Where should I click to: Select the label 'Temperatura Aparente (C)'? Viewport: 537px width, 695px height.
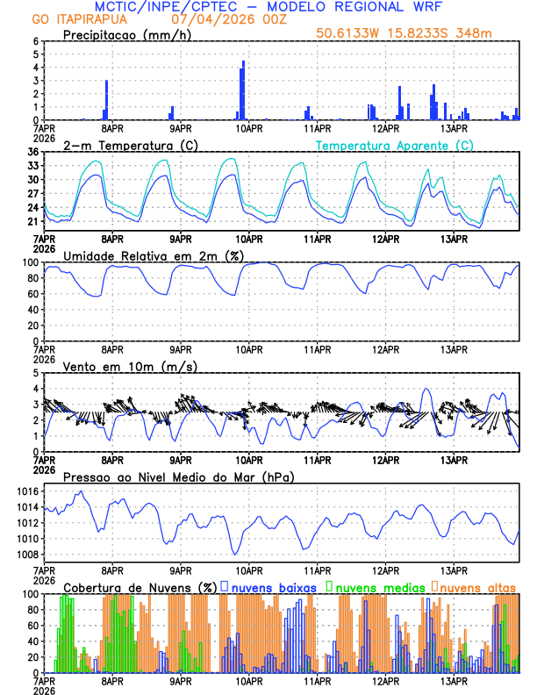pyautogui.click(x=394, y=145)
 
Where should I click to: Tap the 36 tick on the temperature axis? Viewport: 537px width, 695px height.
pyautogui.click(x=32, y=152)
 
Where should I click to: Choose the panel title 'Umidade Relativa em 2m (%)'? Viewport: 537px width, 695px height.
pyautogui.click(x=153, y=255)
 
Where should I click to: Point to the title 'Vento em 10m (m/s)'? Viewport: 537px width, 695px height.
pyautogui.click(x=130, y=366)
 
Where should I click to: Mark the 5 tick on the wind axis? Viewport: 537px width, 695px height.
pyautogui.click(x=36, y=373)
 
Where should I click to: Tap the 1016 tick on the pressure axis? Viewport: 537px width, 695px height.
pyautogui.click(x=26, y=491)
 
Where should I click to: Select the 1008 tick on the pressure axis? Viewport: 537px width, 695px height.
pyautogui.click(x=26, y=555)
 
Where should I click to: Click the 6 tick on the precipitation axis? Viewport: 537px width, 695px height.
pyautogui.click(x=36, y=41)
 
